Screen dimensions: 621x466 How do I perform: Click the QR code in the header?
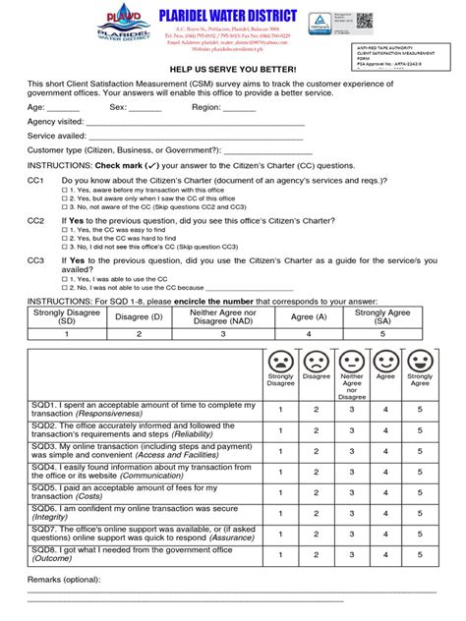[419, 20]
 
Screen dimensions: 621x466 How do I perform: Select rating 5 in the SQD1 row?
[420, 409]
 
